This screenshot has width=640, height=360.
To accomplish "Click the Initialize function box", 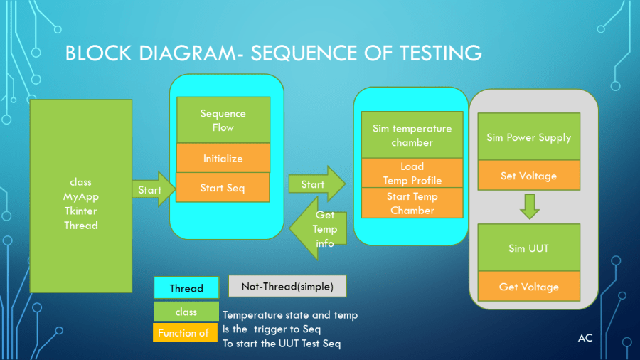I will point(223,158).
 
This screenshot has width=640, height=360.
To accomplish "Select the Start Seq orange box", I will point(223,187).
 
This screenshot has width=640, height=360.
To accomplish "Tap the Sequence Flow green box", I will point(223,120).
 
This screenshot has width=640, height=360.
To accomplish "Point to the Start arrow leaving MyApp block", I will point(151,189).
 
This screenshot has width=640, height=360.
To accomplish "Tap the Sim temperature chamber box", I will point(412,135).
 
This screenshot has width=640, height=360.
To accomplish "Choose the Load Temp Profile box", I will point(412,173).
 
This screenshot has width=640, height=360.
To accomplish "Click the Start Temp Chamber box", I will point(412,203).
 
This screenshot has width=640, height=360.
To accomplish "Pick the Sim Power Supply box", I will point(528,137).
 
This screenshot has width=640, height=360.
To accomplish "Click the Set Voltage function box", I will point(528,176).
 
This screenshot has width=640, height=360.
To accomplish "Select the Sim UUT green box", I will point(528,248).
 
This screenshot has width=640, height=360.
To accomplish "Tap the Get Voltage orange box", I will point(528,287).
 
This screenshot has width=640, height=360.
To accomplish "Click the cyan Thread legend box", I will point(186,288).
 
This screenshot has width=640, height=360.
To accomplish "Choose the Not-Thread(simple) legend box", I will point(287,286).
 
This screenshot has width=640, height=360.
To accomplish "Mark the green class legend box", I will point(186,312).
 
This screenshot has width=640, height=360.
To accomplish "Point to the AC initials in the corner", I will point(585,338).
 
